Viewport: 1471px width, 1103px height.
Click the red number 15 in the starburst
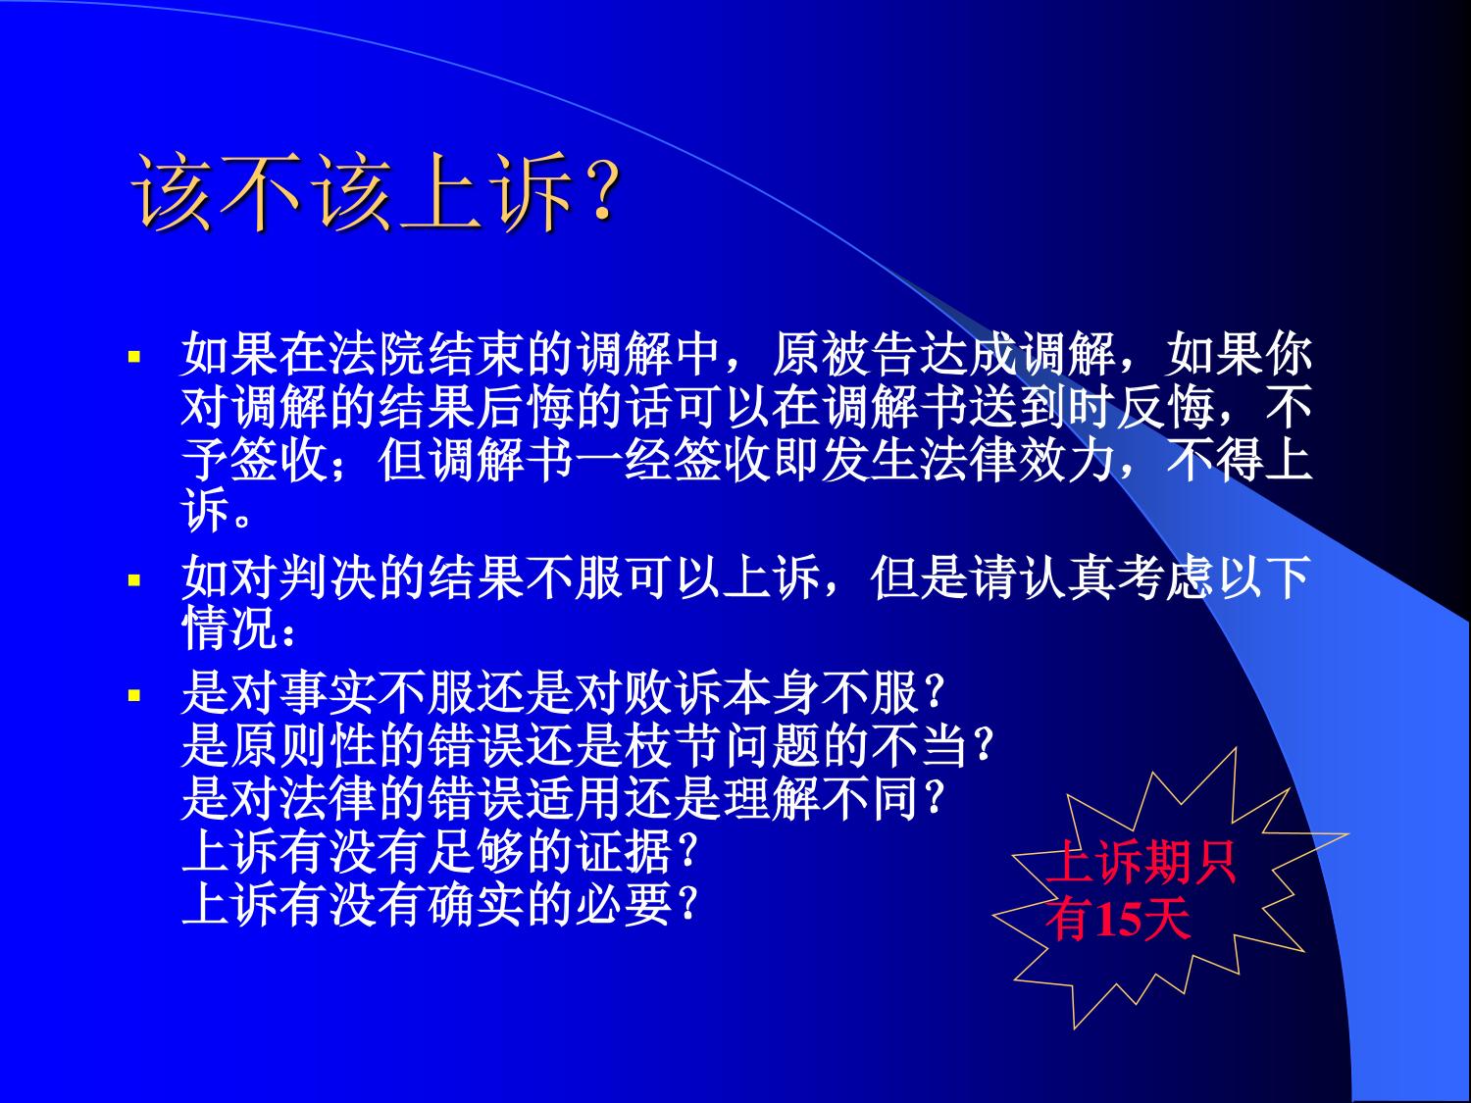coord(1119,919)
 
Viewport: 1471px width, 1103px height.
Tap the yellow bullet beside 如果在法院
coord(134,356)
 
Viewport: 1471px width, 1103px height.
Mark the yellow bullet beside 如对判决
coord(134,579)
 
